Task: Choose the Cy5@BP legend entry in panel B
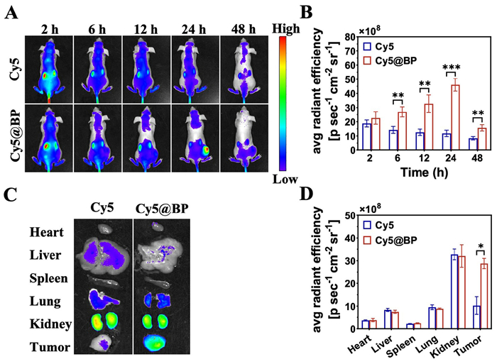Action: tap(395, 59)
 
